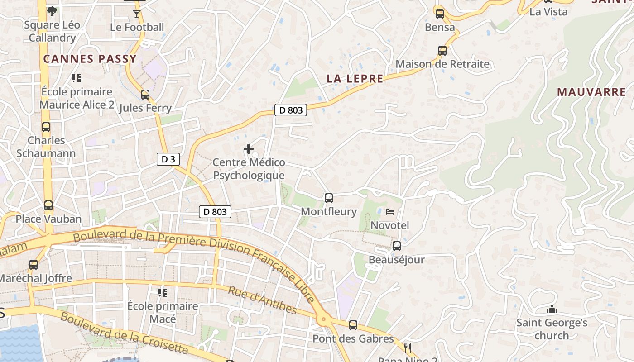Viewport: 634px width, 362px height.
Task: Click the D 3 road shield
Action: pos(168,159)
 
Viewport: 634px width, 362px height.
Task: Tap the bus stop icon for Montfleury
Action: pos(329,198)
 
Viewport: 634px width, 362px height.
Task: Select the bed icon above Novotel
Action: pos(390,211)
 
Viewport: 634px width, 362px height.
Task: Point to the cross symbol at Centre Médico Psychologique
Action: pos(249,148)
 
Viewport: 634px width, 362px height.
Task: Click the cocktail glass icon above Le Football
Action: pos(137,14)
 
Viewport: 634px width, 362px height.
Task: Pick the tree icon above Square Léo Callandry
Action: pos(52,11)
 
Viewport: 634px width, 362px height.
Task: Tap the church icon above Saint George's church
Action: pos(552,310)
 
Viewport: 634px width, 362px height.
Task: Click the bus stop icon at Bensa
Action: pos(439,14)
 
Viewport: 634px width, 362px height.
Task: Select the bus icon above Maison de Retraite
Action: pos(442,51)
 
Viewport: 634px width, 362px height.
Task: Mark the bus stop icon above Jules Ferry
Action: pos(145,95)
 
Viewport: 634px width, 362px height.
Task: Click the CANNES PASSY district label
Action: pos(90,59)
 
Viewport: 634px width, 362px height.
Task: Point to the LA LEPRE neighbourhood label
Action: pos(355,79)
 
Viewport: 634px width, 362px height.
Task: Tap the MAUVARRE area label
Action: pos(591,92)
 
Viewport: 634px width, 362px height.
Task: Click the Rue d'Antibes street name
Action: pos(262,300)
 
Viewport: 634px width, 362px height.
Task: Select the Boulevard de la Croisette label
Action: pos(124,333)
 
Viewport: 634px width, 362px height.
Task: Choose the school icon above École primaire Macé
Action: pos(163,292)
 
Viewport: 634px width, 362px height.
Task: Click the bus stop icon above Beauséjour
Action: pos(397,246)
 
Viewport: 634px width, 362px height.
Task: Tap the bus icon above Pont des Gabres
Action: pos(353,325)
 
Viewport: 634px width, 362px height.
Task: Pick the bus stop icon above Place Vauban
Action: pos(48,205)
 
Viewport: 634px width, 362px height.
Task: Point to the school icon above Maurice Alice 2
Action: pos(77,78)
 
